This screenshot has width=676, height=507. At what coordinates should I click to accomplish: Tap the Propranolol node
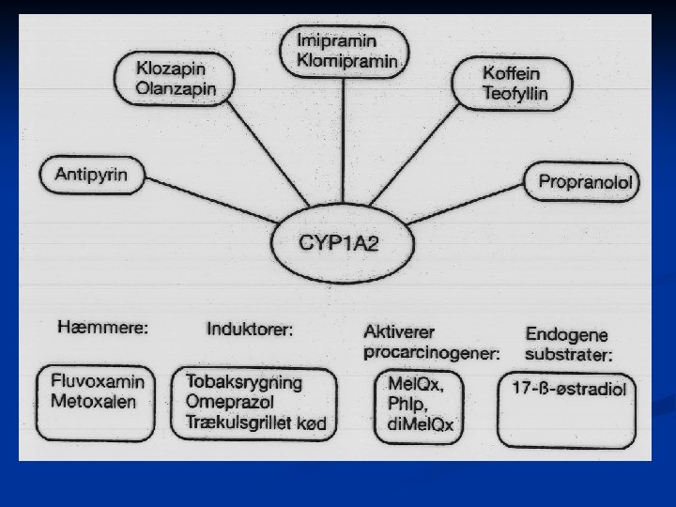[583, 182]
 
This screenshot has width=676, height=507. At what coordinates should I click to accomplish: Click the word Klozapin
[170, 69]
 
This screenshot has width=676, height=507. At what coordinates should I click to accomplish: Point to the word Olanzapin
[176, 88]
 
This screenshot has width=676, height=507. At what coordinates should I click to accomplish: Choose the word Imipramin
[335, 41]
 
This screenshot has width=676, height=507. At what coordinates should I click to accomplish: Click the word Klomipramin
[346, 61]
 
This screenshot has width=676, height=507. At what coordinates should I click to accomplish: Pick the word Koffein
[511, 73]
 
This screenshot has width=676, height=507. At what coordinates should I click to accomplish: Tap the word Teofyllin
[515, 93]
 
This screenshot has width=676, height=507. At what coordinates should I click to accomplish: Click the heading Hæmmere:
[103, 328]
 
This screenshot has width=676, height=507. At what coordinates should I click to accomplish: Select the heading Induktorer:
[250, 329]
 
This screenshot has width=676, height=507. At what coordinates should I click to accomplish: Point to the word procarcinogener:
[432, 353]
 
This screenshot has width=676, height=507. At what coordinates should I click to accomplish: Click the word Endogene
[567, 334]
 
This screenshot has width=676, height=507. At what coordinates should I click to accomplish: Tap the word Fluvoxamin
[92, 383]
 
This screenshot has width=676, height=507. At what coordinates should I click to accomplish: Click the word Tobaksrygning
[244, 383]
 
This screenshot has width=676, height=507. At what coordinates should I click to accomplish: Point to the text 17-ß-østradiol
[568, 387]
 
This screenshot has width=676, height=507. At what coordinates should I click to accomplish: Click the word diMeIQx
[420, 425]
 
